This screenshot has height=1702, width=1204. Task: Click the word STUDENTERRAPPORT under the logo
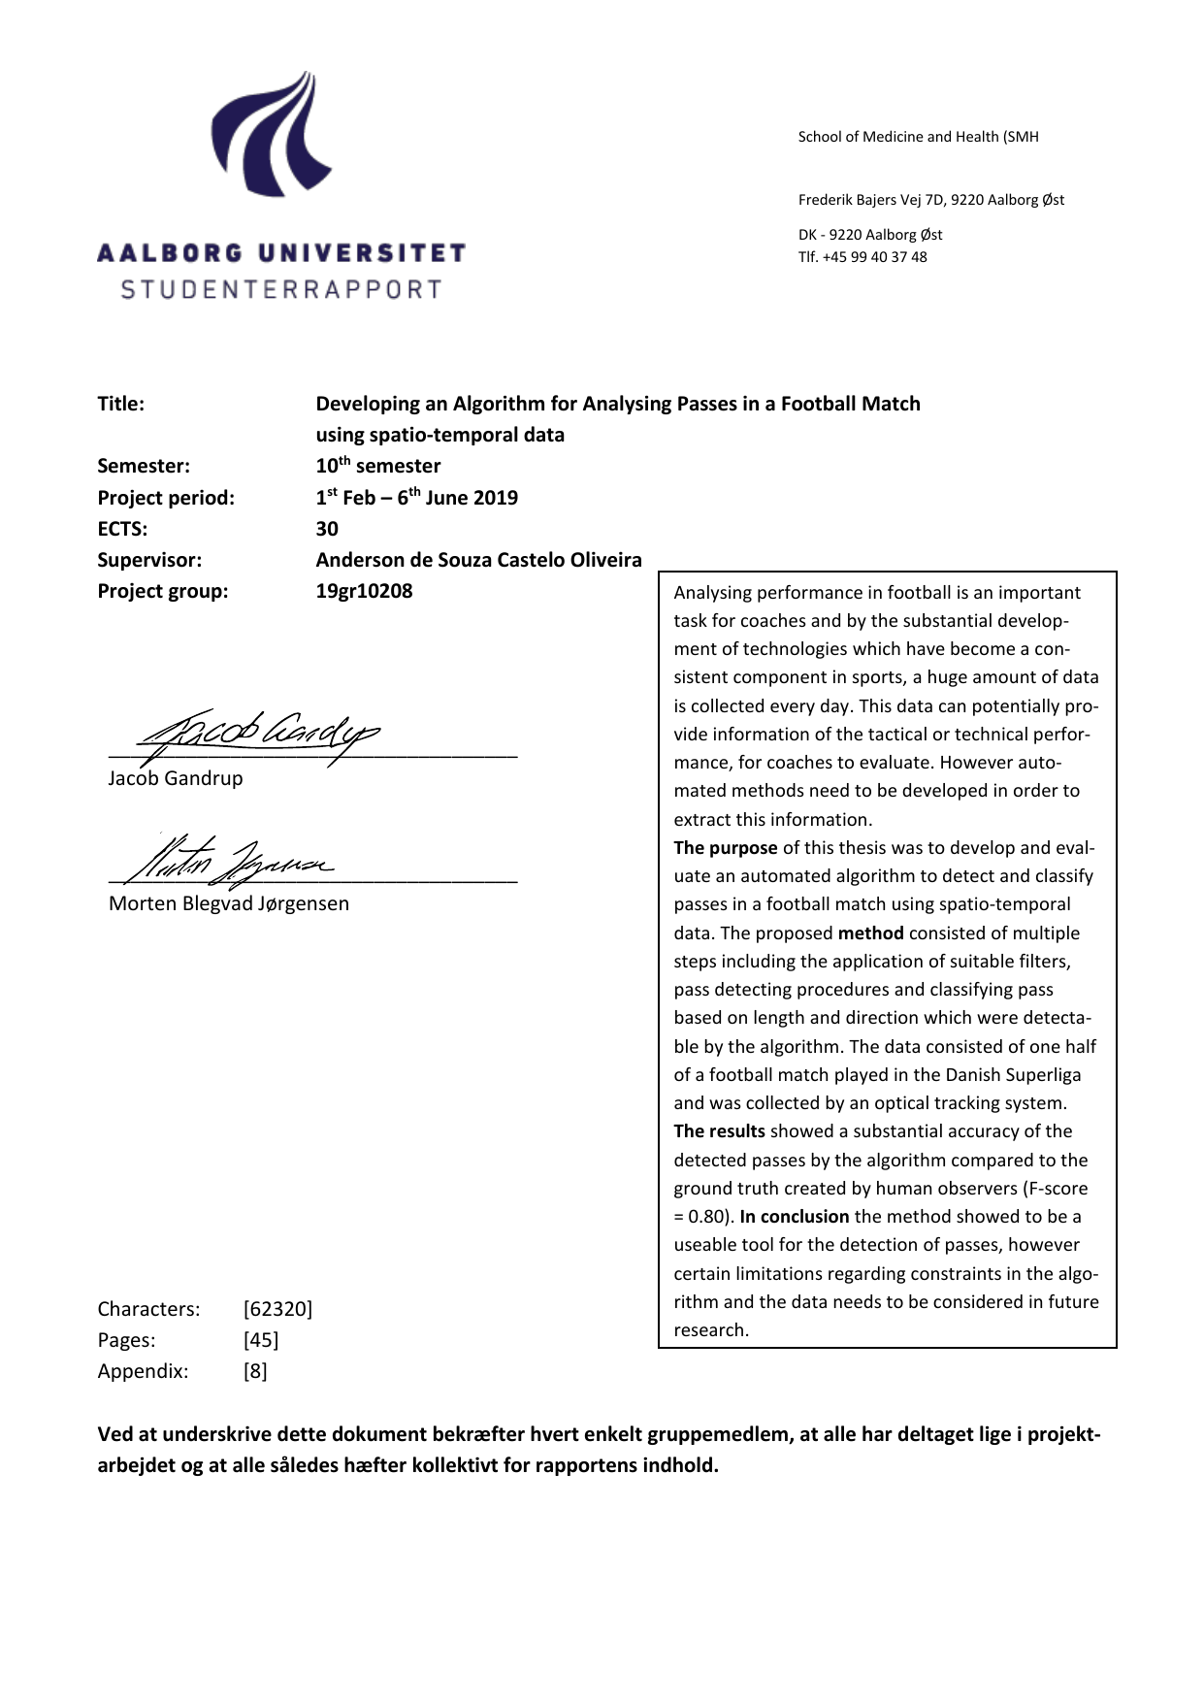coord(281,289)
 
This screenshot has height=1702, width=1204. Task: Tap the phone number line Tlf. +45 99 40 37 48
coord(862,257)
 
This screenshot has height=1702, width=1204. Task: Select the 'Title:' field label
coord(120,404)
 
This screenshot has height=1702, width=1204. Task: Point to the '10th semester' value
coord(377,466)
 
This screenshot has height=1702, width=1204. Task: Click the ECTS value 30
coord(327,529)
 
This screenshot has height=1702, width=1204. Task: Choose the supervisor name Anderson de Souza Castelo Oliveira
coord(478,560)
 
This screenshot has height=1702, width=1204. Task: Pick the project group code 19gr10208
coord(364,591)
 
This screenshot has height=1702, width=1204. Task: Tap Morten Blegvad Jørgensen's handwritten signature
coord(233,859)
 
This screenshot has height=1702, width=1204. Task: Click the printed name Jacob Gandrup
coord(176,778)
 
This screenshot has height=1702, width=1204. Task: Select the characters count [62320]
coord(277,1309)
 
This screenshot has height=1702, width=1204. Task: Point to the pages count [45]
coord(260,1340)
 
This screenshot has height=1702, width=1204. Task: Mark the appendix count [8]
coord(254,1371)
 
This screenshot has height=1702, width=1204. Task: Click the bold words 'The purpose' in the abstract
coord(726,848)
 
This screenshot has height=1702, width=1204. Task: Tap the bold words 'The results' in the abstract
coord(719,1131)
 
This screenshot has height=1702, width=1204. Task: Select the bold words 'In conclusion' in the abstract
coord(794,1217)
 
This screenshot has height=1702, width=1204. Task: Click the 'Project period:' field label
coord(166,498)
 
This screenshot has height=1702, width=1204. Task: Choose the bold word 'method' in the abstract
coord(870,933)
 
